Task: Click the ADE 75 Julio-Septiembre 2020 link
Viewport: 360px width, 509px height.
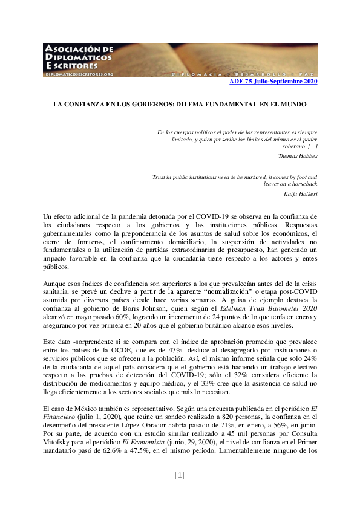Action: point(273,82)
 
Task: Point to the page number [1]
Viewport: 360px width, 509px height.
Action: point(180,475)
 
